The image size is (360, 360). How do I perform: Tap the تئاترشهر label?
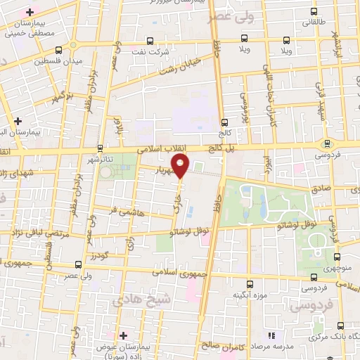coord(101,158)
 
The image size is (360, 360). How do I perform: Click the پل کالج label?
coord(225,148)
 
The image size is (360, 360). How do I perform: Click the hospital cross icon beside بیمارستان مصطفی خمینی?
coord(29,13)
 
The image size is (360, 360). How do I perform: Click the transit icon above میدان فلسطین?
coord(58,50)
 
